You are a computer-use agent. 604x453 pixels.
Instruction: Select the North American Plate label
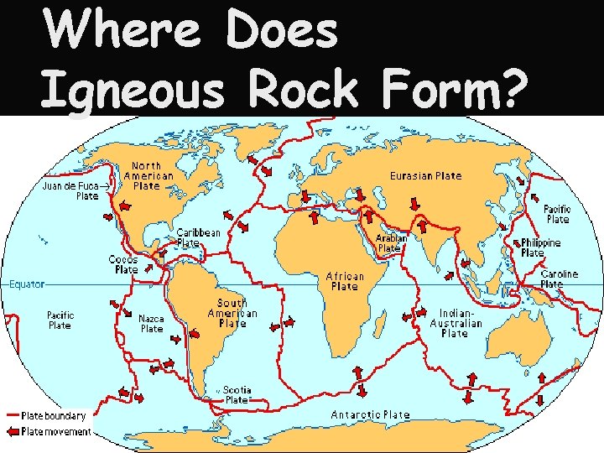148,176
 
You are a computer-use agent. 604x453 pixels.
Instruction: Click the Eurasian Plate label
425,176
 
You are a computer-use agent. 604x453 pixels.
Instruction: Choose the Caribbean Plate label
198,237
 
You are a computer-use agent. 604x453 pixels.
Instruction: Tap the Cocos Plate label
124,265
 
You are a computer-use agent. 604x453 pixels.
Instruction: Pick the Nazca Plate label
151,324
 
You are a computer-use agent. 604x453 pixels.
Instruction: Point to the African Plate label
345,281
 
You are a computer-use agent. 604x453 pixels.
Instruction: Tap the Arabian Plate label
390,243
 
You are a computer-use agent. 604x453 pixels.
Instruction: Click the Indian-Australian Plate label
456,323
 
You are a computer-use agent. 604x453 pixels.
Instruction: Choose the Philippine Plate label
541,247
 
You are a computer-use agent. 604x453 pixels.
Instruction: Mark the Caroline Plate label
559,279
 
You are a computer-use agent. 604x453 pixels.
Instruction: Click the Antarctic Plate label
370,414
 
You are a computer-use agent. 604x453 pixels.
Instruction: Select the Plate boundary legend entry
48,415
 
